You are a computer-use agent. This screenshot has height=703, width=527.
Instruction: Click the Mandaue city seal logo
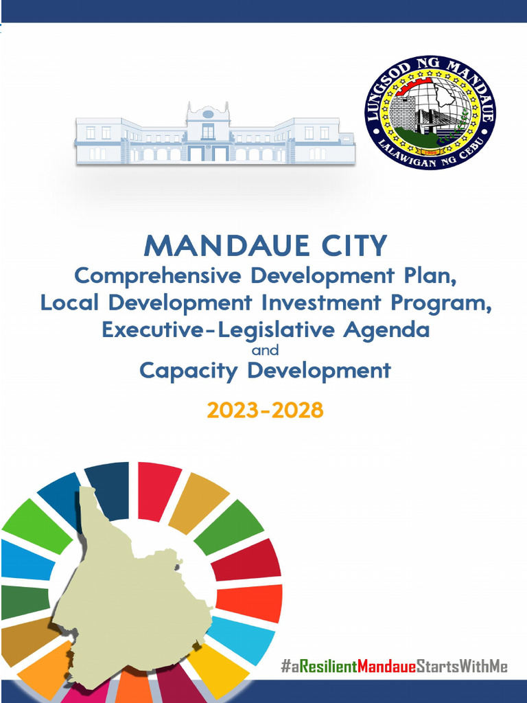[x=430, y=113]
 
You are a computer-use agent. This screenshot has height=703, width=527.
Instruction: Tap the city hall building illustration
[x=214, y=135]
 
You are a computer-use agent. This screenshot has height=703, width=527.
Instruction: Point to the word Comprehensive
[x=158, y=276]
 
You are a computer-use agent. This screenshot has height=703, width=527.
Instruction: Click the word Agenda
[x=386, y=330]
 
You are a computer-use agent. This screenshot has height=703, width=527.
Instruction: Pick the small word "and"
[x=265, y=350]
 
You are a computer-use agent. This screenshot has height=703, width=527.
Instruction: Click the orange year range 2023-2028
[x=265, y=411]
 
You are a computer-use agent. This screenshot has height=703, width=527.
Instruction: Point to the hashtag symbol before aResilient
[x=285, y=666]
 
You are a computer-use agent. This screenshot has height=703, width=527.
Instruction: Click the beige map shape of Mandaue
[x=130, y=597]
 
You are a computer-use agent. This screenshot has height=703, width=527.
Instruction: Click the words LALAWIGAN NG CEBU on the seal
[x=430, y=159]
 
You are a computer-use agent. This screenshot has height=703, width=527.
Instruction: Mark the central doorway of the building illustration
[x=208, y=153]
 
